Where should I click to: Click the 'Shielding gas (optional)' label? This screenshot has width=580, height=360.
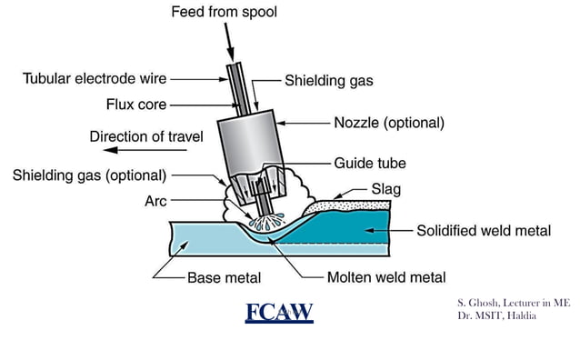click(x=89, y=174)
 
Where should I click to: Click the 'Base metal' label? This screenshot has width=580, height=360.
click(x=226, y=277)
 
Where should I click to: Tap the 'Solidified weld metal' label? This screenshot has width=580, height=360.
click(x=483, y=231)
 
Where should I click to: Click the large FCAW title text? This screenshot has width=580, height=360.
click(x=279, y=313)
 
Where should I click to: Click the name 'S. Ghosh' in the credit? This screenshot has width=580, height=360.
click(x=480, y=302)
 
